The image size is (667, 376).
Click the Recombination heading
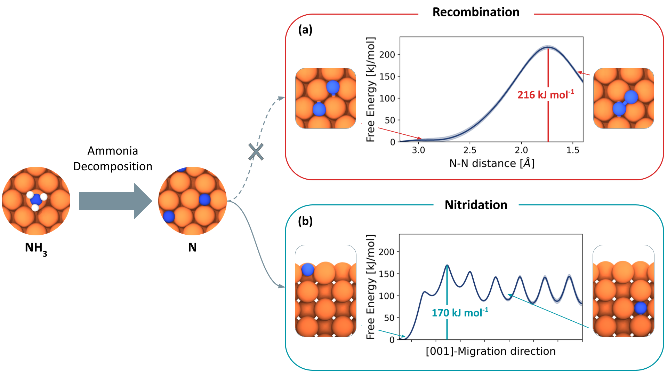[476, 12]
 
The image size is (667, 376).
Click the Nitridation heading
[476, 205]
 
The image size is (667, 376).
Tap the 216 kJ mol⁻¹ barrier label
[545, 94]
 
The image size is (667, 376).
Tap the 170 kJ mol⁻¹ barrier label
[460, 313]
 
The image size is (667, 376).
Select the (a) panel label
[305, 30]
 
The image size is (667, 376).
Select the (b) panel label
[305, 221]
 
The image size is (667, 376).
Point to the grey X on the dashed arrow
[256, 152]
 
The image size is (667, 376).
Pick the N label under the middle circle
[192, 247]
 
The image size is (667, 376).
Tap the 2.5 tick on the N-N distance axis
[470, 150]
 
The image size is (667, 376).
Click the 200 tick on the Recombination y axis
[387, 55]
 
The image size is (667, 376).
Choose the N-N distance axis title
[492, 163]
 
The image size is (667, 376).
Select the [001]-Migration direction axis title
[490, 351]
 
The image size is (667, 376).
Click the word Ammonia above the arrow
[113, 151]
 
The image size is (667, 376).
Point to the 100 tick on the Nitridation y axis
[386, 296]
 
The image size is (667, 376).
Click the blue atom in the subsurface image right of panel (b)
[640, 308]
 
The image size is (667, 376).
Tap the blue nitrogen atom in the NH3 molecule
[36, 199]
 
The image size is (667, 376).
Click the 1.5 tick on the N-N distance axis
[573, 150]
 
